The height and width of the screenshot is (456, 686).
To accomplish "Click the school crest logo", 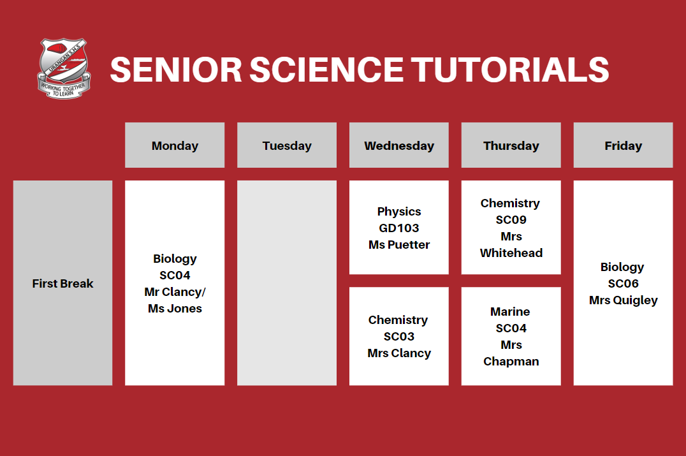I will click(62, 68).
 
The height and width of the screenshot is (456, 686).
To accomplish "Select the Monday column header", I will click(175, 145).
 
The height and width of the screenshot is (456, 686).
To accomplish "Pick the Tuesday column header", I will click(287, 145).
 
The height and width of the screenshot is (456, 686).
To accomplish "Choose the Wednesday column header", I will click(399, 145).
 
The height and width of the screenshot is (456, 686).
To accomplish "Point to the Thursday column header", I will click(511, 145).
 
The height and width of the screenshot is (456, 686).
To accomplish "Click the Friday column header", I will click(623, 145).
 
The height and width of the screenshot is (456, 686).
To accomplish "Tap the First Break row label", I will click(62, 283).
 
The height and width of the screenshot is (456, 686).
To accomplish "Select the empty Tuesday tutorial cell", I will click(287, 283).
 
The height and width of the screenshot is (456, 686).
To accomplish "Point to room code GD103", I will click(399, 228).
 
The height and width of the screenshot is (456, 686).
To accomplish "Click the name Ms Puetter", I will click(399, 244).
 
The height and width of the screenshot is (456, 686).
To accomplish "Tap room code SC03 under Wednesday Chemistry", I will click(399, 336).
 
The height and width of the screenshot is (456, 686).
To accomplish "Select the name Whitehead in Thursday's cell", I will click(511, 253).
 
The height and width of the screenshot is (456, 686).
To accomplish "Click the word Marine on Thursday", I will click(510, 311).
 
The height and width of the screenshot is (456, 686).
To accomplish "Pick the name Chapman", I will click(511, 361).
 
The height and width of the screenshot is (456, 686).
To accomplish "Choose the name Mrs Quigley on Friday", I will click(623, 300).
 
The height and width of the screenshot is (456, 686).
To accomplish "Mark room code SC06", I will click(623, 283).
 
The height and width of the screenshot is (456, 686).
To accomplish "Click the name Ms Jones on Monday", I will click(175, 308).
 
